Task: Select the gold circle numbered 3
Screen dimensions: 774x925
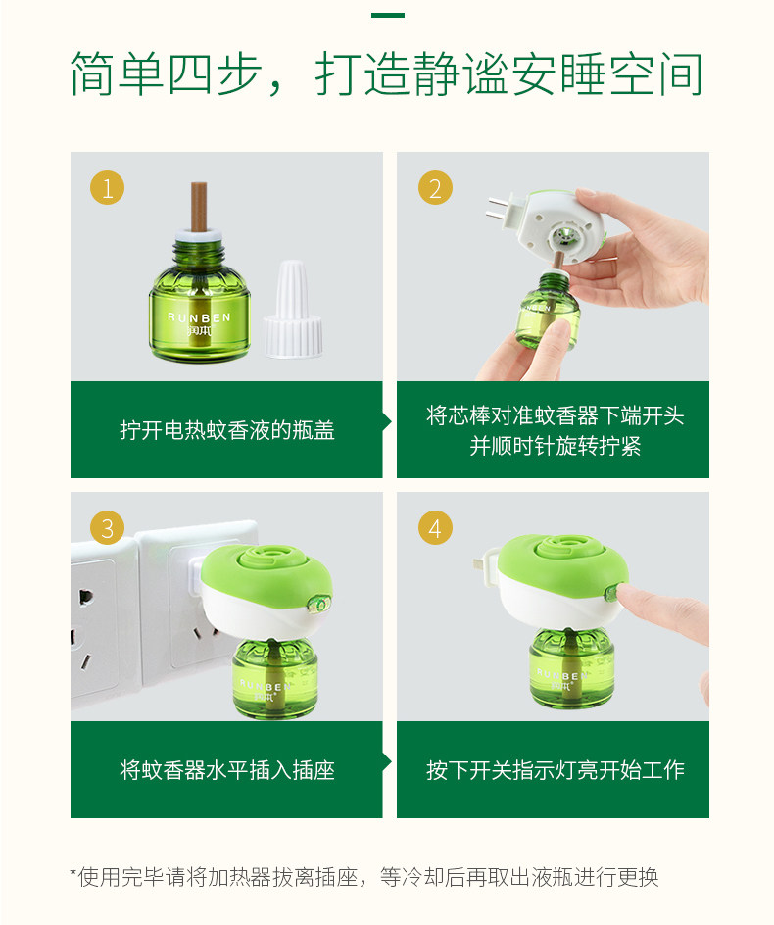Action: pos(107,527)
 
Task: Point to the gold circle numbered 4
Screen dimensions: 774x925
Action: pos(435,527)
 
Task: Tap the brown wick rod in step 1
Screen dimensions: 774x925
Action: pos(198,207)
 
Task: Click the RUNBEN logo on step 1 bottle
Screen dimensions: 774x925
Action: pos(199,323)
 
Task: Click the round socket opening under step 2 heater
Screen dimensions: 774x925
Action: pos(563,238)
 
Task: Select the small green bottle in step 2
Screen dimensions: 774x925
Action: pos(548,311)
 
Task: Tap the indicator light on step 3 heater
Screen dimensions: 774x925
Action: pos(319,604)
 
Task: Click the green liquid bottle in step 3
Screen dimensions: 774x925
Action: pos(275,678)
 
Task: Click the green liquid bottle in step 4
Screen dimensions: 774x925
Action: pos(571,668)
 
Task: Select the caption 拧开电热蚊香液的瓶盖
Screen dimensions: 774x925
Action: pos(227,430)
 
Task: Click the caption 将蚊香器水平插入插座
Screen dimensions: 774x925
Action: pos(227,770)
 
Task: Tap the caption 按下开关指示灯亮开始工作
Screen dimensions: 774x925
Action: pos(556,770)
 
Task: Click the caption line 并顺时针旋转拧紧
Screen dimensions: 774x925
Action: pos(556,446)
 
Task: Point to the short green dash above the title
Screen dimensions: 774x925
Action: pos(388,15)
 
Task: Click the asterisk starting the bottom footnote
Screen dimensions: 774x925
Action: pos(73,872)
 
